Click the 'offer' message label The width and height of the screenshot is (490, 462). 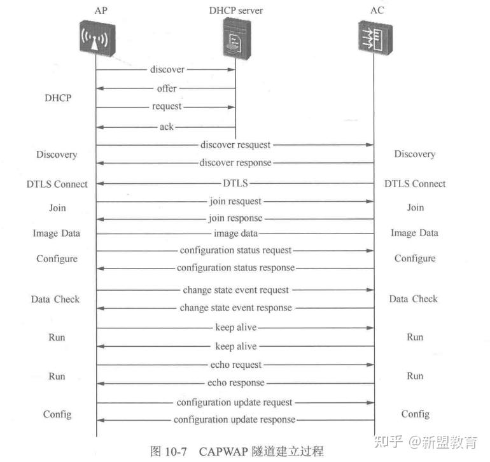point(167,88)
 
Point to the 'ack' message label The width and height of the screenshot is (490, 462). point(166,127)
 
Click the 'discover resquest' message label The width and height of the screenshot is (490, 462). point(235,145)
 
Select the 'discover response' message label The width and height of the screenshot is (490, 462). point(235,163)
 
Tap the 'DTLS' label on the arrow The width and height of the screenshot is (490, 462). point(235,183)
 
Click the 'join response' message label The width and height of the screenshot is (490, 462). point(235,218)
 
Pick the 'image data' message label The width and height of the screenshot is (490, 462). point(235,234)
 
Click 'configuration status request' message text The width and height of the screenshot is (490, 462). point(235,251)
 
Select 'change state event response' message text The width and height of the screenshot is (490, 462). point(235,308)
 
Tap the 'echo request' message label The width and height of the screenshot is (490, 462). point(235,365)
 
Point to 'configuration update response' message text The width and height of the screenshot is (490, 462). point(235,420)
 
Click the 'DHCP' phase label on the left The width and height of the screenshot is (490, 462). point(58,99)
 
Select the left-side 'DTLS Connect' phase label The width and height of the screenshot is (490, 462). point(57,184)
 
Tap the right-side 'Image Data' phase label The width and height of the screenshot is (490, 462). point(414,233)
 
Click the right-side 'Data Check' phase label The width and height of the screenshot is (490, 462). point(414,298)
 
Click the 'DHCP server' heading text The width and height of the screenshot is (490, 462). point(235,11)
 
